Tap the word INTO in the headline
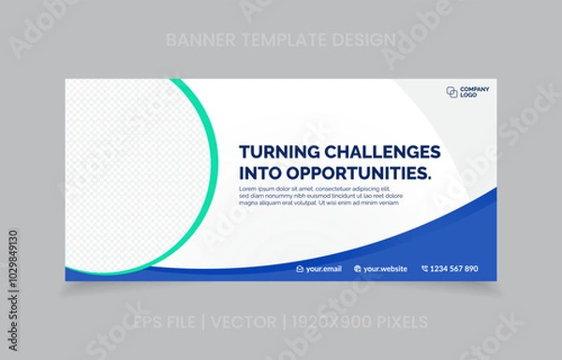tap(260, 172)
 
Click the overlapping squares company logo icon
tap(452, 92)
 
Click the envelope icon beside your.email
tap(300, 269)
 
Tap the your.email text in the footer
tap(324, 269)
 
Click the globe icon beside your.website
tap(358, 269)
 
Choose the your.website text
tap(386, 269)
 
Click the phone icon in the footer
tap(424, 269)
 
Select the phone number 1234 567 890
tap(454, 269)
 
